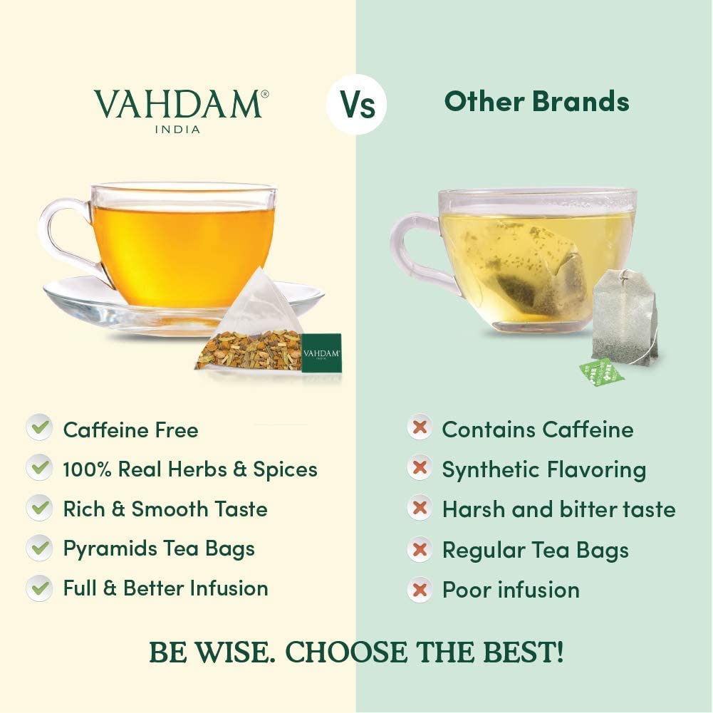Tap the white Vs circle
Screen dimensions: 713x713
pos(356,105)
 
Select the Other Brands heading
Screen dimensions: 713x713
pos(536,102)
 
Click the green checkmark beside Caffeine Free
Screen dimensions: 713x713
pos(39,429)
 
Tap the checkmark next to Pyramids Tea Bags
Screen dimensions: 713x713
pos(39,548)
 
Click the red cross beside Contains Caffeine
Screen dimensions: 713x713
pos(420,429)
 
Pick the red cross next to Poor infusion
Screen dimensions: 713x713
pos(420,589)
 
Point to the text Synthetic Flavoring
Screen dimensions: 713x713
pos(543,470)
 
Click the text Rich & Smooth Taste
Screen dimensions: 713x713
pos(165,509)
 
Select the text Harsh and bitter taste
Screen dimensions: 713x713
pos(558,509)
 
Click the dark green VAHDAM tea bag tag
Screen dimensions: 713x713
pos(321,353)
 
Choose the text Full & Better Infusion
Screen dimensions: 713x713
pos(165,588)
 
